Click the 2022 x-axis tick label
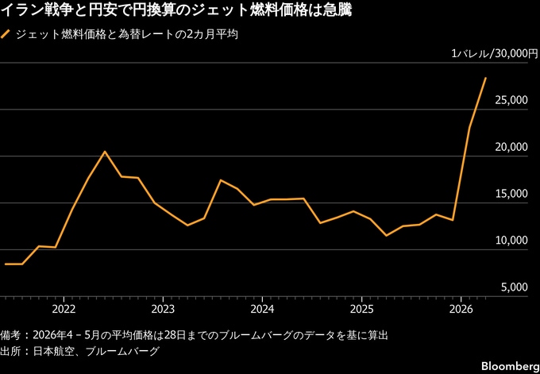[x=64, y=309]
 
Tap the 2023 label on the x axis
[x=163, y=309]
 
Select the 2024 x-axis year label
[x=262, y=309]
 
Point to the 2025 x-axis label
[x=361, y=309]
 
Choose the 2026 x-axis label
[x=461, y=309]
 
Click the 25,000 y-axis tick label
[x=511, y=100]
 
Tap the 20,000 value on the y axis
[x=511, y=147]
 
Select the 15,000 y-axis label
[x=511, y=194]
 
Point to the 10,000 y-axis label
[x=511, y=241]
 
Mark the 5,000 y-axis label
[x=514, y=287]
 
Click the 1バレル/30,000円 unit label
[x=490, y=53]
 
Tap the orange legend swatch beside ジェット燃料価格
[x=6, y=35]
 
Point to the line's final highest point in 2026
[x=485, y=78]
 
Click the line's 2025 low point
[x=387, y=236]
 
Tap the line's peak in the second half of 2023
[x=221, y=180]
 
